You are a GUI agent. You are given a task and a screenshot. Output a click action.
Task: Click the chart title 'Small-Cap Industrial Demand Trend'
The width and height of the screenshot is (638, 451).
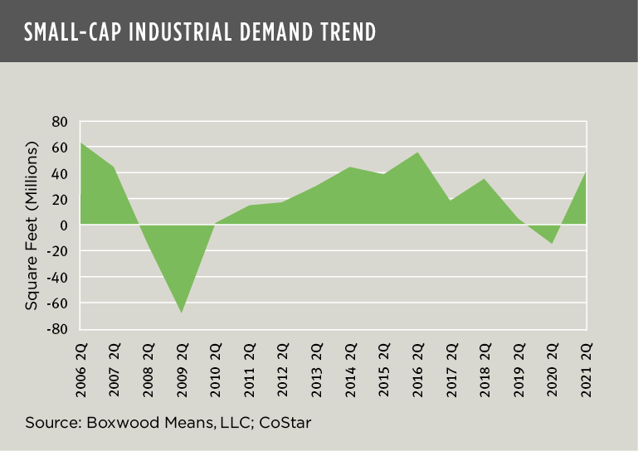point(200,32)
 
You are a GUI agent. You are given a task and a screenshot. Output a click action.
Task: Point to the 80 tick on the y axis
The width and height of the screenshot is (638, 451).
point(59,121)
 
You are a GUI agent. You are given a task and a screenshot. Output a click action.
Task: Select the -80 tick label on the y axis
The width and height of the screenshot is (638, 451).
point(56,328)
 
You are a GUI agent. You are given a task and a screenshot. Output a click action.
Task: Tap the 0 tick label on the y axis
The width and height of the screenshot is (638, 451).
point(63,225)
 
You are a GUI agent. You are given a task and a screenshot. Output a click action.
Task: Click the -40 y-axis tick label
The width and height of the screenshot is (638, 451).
point(56,277)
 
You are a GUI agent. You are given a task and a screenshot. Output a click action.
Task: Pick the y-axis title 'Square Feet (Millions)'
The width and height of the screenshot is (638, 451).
point(32,225)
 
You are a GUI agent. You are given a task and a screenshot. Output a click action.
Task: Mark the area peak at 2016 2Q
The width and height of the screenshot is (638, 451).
point(418,152)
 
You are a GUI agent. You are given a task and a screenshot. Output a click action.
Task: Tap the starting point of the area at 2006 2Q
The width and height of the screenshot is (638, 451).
point(80,143)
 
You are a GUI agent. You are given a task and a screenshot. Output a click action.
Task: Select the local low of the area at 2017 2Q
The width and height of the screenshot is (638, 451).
point(451,201)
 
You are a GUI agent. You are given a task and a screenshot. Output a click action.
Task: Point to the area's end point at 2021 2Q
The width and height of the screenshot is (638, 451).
point(587,172)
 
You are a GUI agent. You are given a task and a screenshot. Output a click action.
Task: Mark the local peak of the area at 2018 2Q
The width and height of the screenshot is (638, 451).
point(485,178)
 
